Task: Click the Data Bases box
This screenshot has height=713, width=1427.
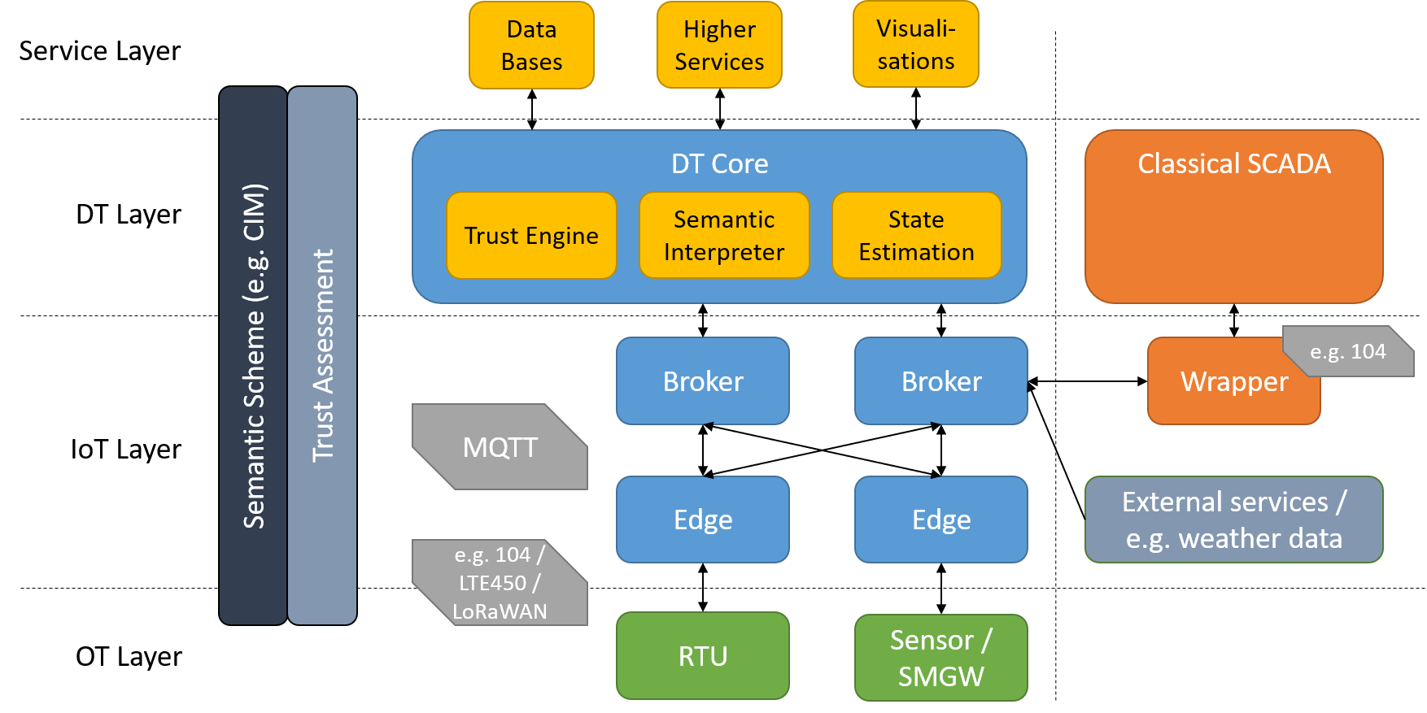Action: [x=531, y=46]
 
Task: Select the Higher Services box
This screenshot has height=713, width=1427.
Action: [x=719, y=46]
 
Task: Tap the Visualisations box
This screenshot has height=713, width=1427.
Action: [x=915, y=45]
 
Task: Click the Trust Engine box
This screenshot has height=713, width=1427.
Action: [x=531, y=236]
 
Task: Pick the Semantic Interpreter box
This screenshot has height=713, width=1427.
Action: [x=724, y=236]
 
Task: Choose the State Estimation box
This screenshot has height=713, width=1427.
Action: [x=916, y=236]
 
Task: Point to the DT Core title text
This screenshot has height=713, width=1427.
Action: [x=719, y=164]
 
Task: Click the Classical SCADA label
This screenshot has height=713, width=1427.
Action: [x=1233, y=164]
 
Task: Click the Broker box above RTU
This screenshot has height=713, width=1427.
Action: [x=703, y=381]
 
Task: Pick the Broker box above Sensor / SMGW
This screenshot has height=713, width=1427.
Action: [x=941, y=381]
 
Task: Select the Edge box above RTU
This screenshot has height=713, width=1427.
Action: [x=703, y=520]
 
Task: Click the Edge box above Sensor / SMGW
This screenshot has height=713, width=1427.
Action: [x=941, y=520]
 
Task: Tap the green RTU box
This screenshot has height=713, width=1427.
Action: [x=703, y=656]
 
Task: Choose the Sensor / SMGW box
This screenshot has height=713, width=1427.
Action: [x=941, y=658]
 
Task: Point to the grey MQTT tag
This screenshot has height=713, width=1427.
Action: [x=500, y=447]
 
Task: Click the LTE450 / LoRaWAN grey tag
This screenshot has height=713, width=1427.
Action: [x=500, y=583]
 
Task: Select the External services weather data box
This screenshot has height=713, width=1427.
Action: [x=1233, y=520]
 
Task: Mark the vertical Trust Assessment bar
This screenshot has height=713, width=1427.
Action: [x=322, y=355]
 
